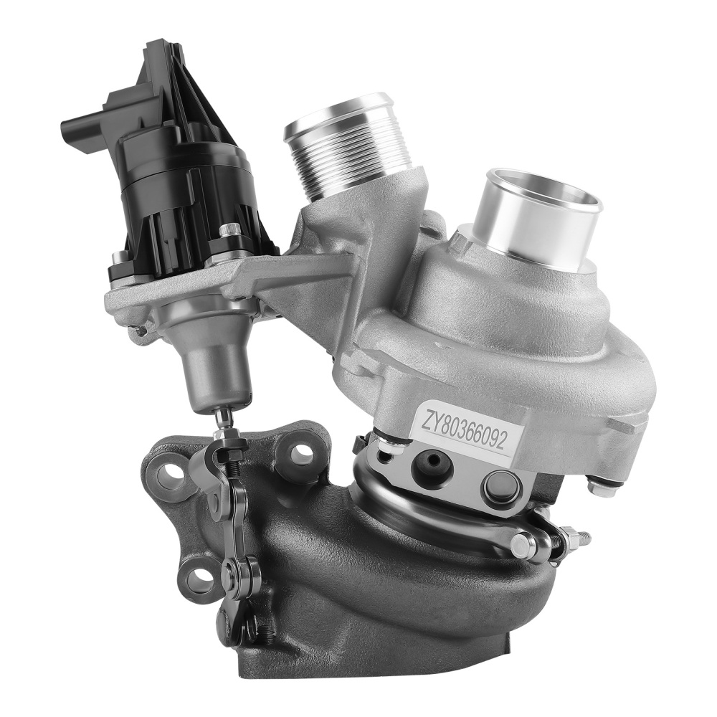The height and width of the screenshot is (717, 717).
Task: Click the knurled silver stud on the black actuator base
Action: click(229, 231)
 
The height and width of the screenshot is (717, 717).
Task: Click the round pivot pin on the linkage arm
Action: click(230, 571)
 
